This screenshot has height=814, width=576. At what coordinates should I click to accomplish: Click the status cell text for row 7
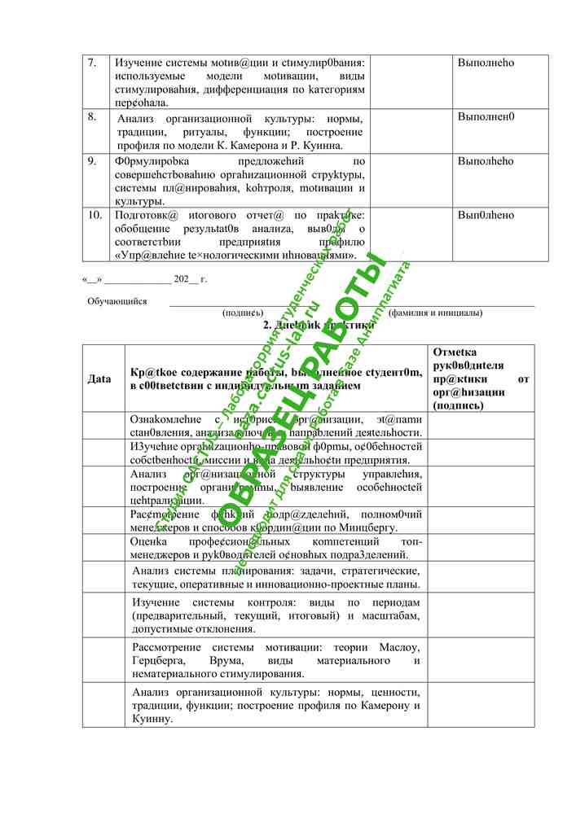[486, 63]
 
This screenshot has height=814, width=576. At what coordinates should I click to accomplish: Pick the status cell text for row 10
[486, 215]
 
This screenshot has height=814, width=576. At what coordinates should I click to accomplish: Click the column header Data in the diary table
[99, 379]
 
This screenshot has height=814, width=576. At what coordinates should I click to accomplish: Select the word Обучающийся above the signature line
[117, 301]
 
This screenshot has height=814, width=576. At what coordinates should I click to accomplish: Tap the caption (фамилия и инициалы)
[435, 313]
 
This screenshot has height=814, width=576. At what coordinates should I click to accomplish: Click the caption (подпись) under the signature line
[242, 313]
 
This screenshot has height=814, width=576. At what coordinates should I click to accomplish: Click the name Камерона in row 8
[280, 145]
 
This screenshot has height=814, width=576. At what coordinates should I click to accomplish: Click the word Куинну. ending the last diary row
[152, 719]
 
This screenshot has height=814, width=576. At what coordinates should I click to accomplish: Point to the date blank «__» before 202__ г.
[90, 279]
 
